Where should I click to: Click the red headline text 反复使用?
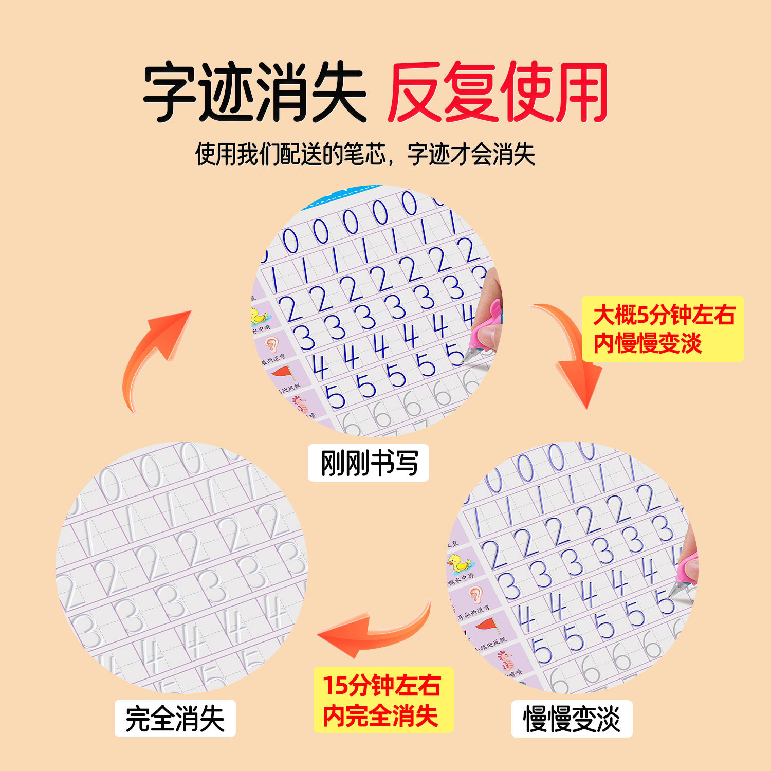click(x=498, y=93)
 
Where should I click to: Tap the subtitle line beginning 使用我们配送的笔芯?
click(x=365, y=154)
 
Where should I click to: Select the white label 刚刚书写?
click(x=368, y=463)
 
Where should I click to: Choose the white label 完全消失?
click(x=175, y=718)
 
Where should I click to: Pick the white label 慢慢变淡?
click(x=572, y=718)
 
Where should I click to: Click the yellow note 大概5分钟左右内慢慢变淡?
click(x=663, y=328)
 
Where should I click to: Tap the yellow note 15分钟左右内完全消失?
click(x=383, y=700)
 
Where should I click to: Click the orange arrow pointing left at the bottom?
click(x=375, y=630)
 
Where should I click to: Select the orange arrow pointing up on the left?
click(x=154, y=355)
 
